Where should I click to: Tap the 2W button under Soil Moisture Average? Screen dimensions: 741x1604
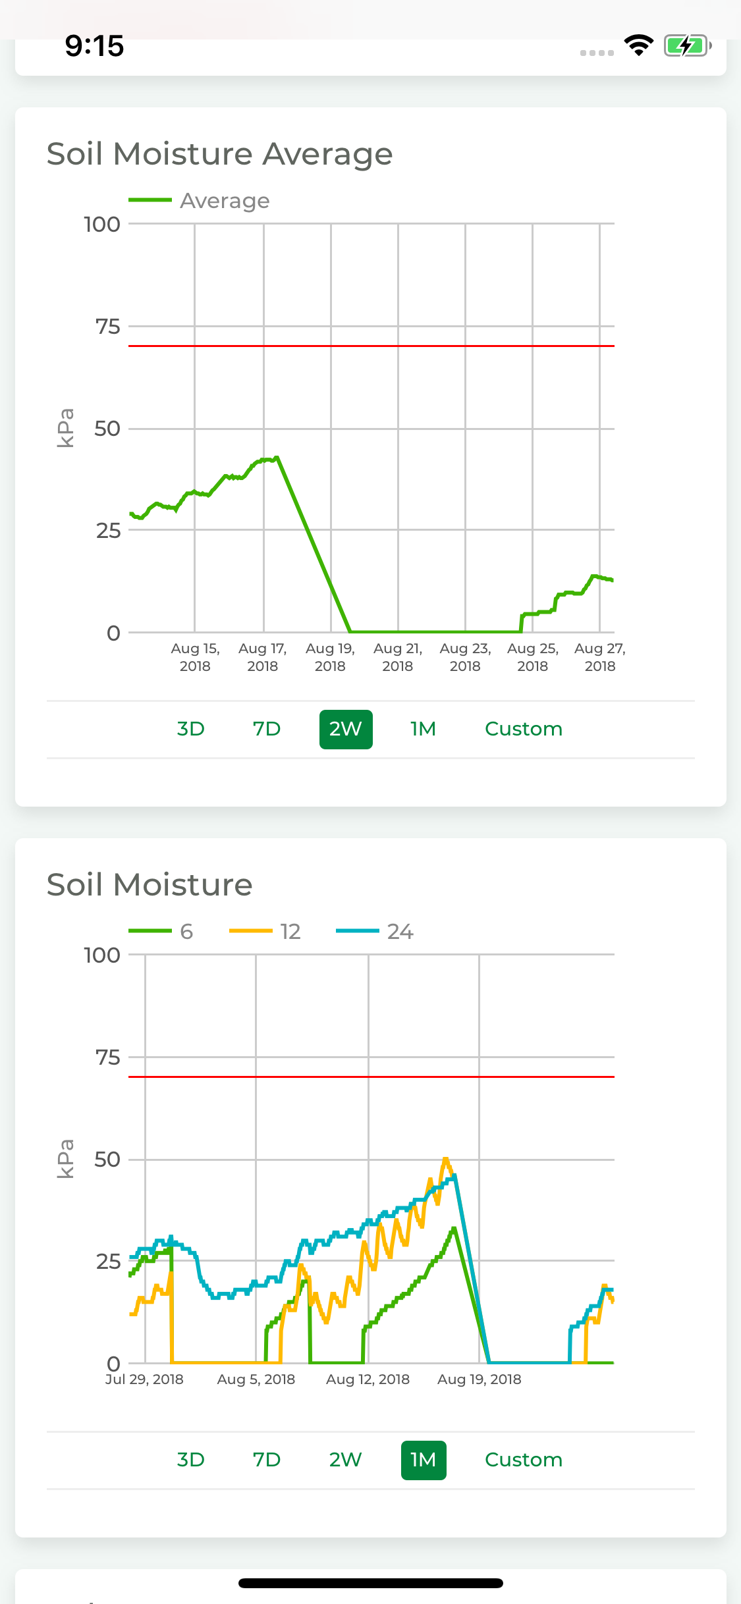point(346,729)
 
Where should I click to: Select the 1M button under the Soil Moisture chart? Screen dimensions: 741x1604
point(424,1460)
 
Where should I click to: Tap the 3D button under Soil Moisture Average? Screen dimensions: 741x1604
point(191,729)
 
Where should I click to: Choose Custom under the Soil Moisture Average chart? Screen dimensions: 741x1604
point(524,729)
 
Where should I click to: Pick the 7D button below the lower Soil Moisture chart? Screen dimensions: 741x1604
point(267,1460)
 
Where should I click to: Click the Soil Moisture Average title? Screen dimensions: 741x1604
point(220,154)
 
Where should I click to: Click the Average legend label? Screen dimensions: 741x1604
point(225,201)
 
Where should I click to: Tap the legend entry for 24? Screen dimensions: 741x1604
point(375,931)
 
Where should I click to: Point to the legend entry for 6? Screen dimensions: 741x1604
point(161,931)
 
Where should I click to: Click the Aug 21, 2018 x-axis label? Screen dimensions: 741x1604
point(398,657)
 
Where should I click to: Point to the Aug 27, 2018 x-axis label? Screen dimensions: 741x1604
point(600,657)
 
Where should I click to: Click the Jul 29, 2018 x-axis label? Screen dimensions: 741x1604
point(144,1379)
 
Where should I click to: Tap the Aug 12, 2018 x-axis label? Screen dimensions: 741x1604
point(368,1379)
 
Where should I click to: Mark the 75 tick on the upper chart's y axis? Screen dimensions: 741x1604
point(108,327)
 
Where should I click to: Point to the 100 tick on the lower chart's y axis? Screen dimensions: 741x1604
point(102,955)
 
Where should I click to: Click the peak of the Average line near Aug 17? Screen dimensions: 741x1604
point(277,457)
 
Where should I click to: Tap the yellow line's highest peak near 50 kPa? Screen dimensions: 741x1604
point(446,1159)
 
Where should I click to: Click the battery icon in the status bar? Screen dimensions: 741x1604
point(688,46)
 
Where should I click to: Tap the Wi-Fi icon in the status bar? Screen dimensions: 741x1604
point(638,45)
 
